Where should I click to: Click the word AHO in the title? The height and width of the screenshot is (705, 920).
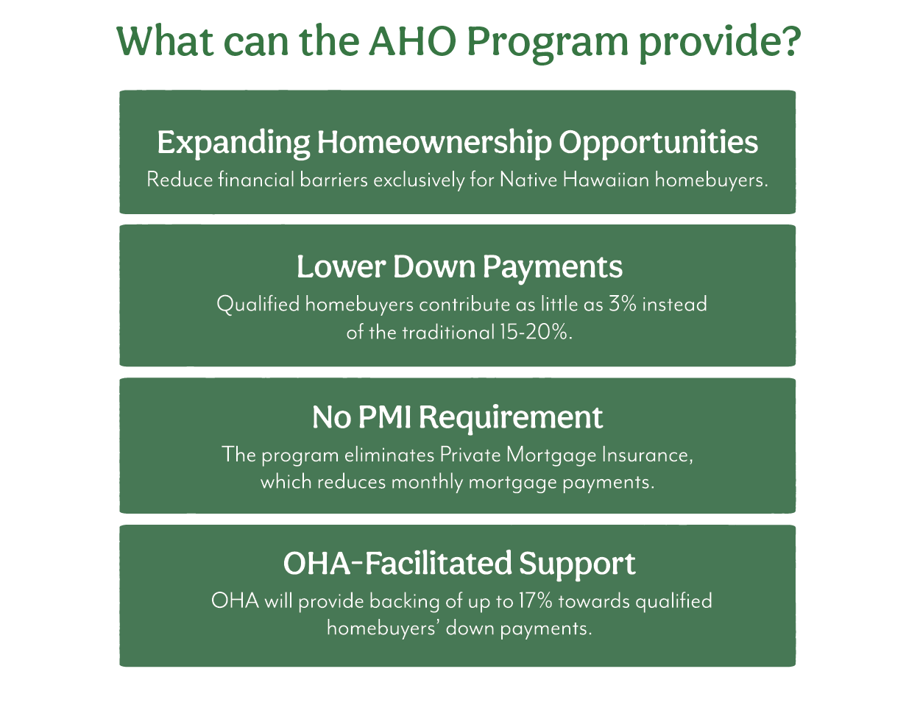pyautogui.click(x=412, y=41)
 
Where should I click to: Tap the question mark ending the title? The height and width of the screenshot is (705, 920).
pyautogui.click(x=789, y=40)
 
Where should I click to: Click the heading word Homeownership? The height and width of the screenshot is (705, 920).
pyautogui.click(x=434, y=142)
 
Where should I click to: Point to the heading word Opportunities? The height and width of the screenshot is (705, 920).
pyautogui.click(x=659, y=143)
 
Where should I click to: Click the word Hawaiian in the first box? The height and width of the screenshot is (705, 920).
pyautogui.click(x=606, y=180)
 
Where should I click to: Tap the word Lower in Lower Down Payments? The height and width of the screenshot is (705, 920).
pyautogui.click(x=342, y=267)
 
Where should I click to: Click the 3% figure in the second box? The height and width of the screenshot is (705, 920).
pyautogui.click(x=623, y=304)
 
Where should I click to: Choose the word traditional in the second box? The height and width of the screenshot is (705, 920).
pyautogui.click(x=448, y=333)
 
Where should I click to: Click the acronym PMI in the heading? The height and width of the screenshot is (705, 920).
pyautogui.click(x=384, y=417)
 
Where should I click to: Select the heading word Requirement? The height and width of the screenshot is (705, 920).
pyautogui.click(x=511, y=419)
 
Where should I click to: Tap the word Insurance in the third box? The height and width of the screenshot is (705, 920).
pyautogui.click(x=648, y=456)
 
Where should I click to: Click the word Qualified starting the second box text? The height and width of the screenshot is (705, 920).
pyautogui.click(x=258, y=304)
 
